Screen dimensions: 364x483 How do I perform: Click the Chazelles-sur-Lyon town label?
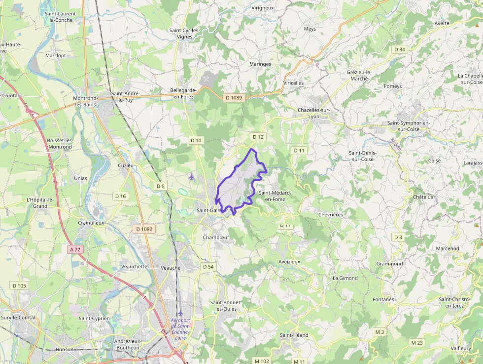click(315, 113)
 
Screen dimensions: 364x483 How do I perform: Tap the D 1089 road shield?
click(234, 98)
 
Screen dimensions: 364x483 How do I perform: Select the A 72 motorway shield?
click(75, 250)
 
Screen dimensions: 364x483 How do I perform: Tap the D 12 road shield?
click(258, 137)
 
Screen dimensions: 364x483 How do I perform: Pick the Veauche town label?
click(171, 268)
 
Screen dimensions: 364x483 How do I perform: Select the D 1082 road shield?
click(144, 229)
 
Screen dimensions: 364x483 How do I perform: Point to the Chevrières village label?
click(330, 215)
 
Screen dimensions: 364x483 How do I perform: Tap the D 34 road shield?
click(399, 49)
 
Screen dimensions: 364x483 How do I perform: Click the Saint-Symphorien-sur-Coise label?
click(409, 126)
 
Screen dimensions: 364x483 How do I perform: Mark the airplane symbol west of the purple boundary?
click(191, 176)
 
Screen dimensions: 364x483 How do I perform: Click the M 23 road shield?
click(417, 342)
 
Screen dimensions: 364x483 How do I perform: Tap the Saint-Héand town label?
click(294, 335)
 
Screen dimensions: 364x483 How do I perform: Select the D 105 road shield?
click(19, 285)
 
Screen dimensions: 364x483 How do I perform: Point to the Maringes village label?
click(260, 64)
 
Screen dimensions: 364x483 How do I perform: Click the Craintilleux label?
click(91, 223)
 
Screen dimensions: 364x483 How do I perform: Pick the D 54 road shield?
click(208, 267)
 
